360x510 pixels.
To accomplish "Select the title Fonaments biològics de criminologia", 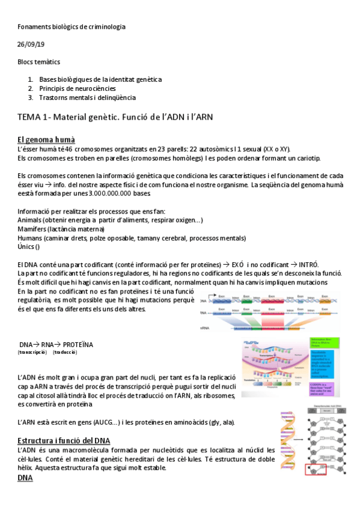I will coord(72,27).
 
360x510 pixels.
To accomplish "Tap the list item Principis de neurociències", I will coord(78,88).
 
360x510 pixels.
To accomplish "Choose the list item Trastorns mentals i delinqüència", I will coord(87,97).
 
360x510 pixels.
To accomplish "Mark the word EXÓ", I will coord(239,265).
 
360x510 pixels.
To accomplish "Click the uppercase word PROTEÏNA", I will coord(78,344).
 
